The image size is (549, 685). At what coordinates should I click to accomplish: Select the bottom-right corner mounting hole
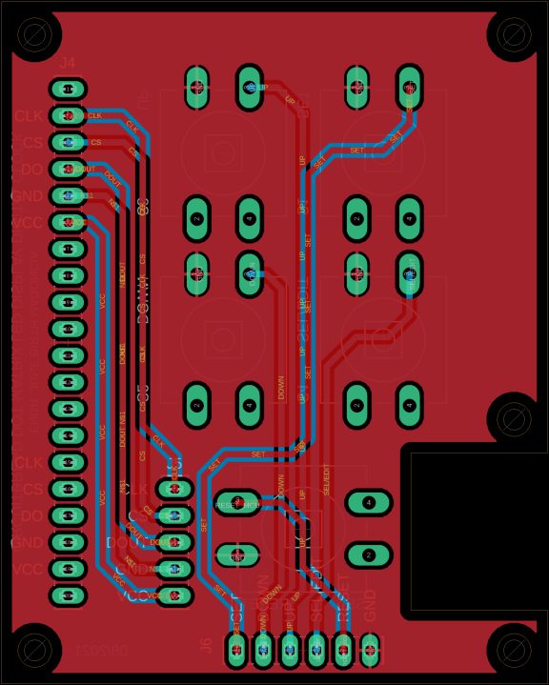pyautogui.click(x=514, y=649)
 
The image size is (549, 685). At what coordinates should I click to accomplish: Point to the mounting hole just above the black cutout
pyautogui.click(x=514, y=418)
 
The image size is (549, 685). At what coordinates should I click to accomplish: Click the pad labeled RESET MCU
pyautogui.click(x=237, y=504)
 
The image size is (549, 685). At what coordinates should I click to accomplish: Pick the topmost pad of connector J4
pyautogui.click(x=68, y=90)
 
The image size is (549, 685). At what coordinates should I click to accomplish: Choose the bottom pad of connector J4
pyautogui.click(x=68, y=595)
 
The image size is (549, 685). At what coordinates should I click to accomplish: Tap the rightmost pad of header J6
pyautogui.click(x=370, y=650)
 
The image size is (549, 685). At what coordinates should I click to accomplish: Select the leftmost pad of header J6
pyautogui.click(x=236, y=650)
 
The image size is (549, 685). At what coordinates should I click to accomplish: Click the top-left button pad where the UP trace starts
pyautogui.click(x=250, y=87)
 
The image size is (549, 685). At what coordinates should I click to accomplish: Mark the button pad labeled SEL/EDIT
pyautogui.click(x=410, y=273)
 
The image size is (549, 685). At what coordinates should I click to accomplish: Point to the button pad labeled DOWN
pyautogui.click(x=250, y=273)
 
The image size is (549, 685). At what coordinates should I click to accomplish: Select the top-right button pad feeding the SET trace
pyautogui.click(x=410, y=87)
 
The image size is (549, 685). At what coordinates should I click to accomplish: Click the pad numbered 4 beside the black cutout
pyautogui.click(x=369, y=502)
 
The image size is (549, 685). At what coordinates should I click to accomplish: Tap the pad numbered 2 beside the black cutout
pyautogui.click(x=369, y=554)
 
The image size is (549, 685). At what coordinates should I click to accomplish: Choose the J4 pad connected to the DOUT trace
pyautogui.click(x=68, y=170)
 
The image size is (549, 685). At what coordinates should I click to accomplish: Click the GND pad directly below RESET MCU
pyautogui.click(x=237, y=554)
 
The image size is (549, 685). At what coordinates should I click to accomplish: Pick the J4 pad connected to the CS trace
pyautogui.click(x=68, y=143)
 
